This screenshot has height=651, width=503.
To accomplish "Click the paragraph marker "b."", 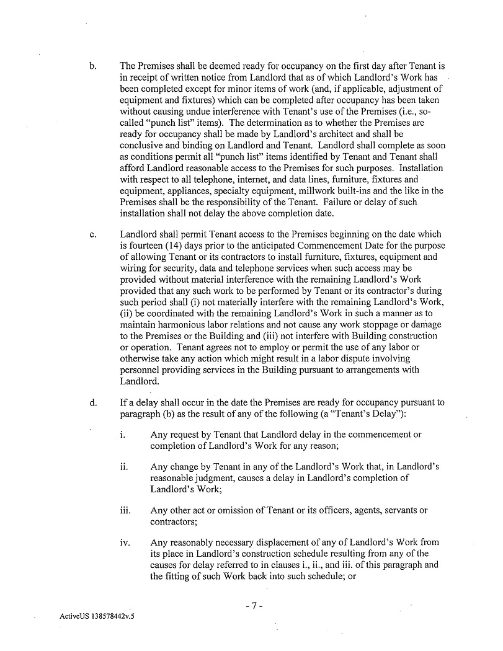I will [93, 66].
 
